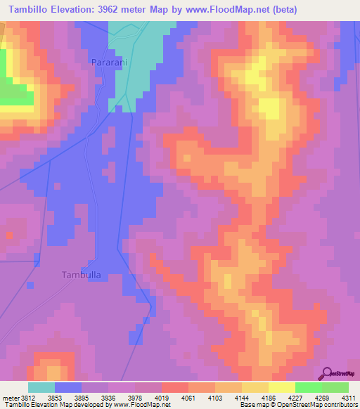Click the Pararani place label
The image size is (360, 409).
pyautogui.click(x=108, y=62)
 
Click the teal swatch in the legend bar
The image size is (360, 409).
pyautogui.click(x=41, y=387)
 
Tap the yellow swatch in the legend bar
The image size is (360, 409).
pyautogui.click(x=281, y=387)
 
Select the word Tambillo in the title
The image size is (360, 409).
pyautogui.click(x=30, y=9)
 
